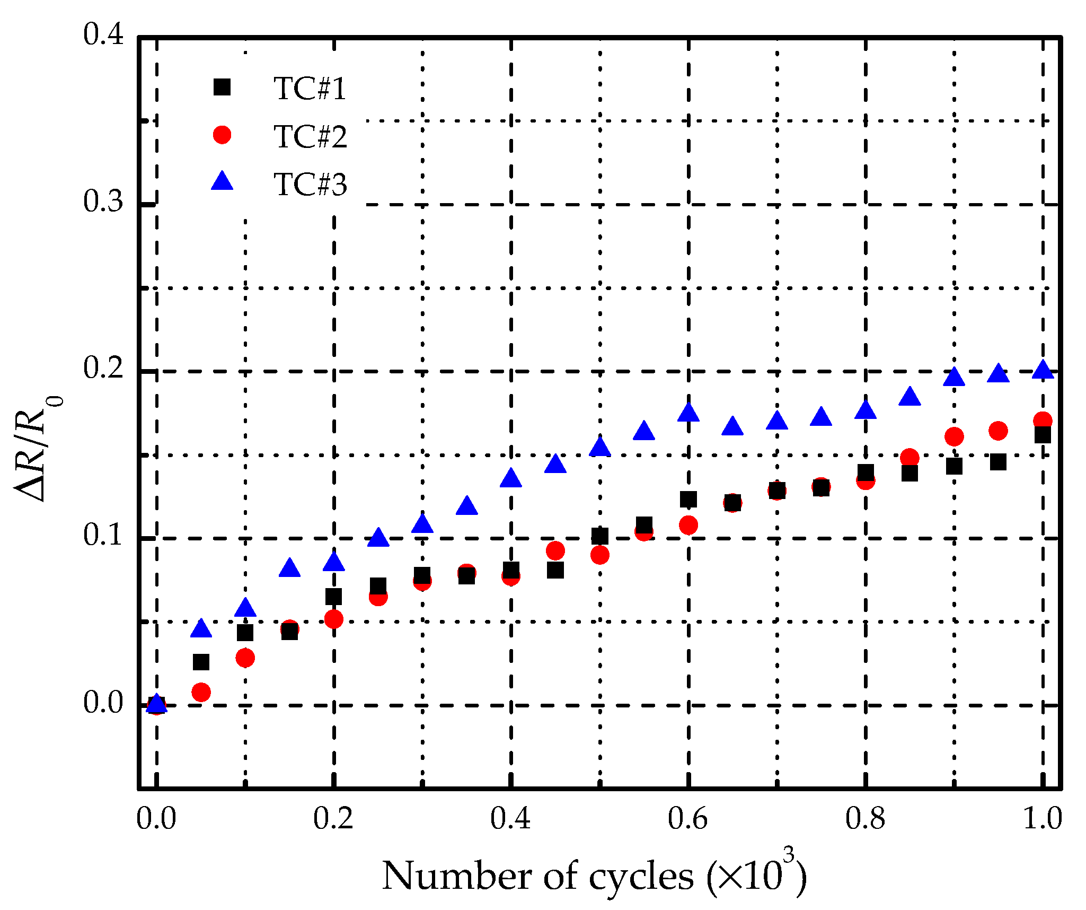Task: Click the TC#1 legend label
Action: [x=310, y=89]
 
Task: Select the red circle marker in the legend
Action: [x=222, y=135]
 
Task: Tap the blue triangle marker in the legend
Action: [x=222, y=181]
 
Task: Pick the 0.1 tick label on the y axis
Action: [x=103, y=536]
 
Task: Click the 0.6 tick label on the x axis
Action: [x=687, y=818]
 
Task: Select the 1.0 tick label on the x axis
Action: [x=1042, y=818]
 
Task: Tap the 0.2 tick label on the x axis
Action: [x=333, y=818]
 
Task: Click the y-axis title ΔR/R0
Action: [x=37, y=449]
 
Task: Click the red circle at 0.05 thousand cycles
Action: [x=201, y=692]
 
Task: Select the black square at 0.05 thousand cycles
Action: [x=201, y=662]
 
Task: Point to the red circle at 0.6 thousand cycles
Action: [x=688, y=525]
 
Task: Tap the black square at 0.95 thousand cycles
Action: [x=998, y=462]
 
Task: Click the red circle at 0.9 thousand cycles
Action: [x=954, y=437]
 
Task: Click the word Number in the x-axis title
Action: [x=456, y=876]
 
